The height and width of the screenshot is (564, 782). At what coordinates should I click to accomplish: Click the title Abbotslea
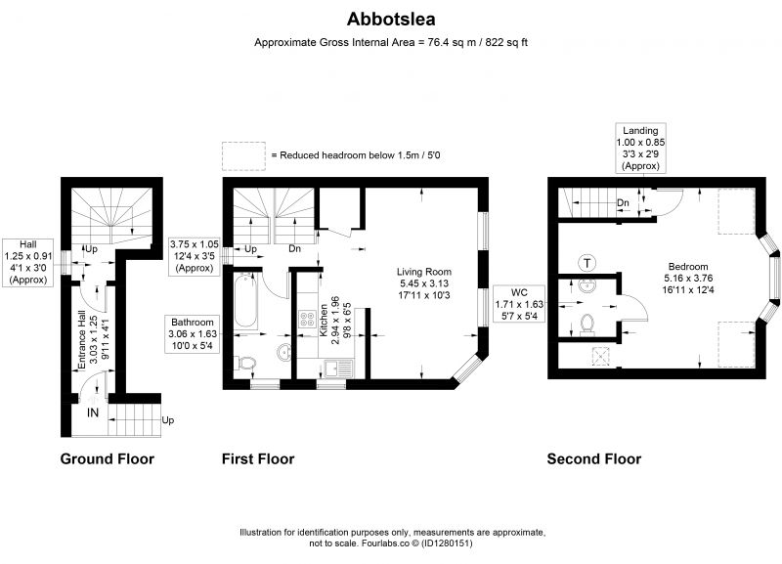[391, 19]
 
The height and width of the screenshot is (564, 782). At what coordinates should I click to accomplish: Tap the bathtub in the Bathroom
[246, 300]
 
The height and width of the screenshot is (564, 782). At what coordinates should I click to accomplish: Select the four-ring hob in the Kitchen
[307, 319]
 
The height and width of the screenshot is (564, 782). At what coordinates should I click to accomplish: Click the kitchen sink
[338, 369]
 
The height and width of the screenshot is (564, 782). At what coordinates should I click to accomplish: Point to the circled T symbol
[587, 263]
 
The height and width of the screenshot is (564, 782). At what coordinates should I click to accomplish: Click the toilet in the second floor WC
[587, 325]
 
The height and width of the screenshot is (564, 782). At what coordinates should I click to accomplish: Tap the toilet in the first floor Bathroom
[247, 363]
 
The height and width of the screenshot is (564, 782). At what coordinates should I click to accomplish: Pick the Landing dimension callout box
[640, 149]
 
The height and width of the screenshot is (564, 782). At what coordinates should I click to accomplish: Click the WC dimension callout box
[519, 304]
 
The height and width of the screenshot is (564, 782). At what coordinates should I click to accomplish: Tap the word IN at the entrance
[93, 412]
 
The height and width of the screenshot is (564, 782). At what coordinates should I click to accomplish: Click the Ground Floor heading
[108, 458]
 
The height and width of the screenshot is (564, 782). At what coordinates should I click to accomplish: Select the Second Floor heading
[594, 458]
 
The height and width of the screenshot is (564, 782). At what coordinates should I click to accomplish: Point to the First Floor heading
[258, 458]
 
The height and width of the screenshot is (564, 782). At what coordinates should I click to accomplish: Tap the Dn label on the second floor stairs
[623, 203]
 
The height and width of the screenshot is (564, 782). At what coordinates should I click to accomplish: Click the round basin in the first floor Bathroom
[284, 352]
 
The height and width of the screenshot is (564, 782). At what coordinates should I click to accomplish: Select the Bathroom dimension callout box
[192, 333]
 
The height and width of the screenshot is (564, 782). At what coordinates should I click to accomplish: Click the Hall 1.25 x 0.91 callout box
[28, 262]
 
